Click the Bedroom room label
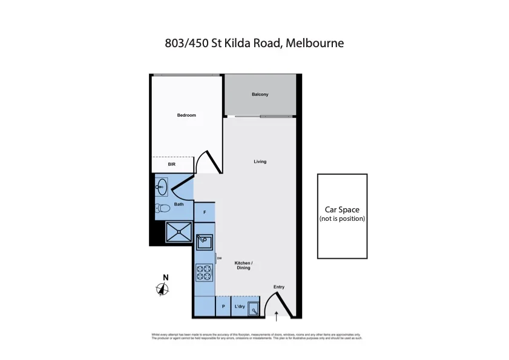(186, 116)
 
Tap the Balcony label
(260, 94)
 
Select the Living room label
(260, 162)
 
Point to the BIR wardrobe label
(171, 164)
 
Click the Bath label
(179, 205)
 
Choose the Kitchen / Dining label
(244, 265)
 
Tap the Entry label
(278, 287)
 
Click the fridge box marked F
(205, 212)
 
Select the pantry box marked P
(223, 307)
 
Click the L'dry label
(239, 307)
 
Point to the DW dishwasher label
(219, 258)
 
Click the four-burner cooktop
(204, 273)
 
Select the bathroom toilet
(162, 209)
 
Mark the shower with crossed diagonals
(179, 232)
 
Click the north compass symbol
(163, 289)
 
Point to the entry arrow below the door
(277, 314)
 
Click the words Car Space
(342, 210)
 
